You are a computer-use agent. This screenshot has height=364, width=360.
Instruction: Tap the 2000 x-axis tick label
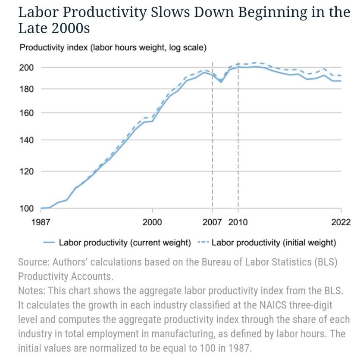click(x=152, y=222)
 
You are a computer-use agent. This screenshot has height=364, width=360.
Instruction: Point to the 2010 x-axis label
click(x=238, y=222)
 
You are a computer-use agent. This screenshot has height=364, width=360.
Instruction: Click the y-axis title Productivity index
click(x=53, y=47)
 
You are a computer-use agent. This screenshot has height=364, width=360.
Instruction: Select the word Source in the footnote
click(x=32, y=262)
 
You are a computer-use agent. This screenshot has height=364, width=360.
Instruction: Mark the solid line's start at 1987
click(x=41, y=208)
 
